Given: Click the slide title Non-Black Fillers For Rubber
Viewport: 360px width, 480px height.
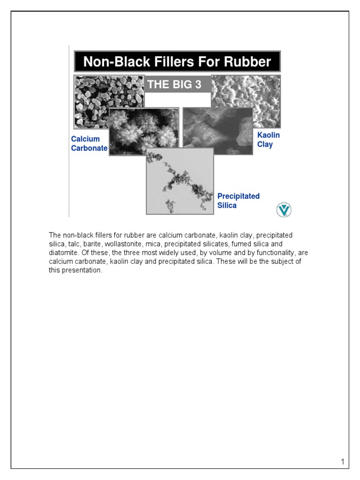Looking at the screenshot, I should pyautogui.click(x=177, y=62).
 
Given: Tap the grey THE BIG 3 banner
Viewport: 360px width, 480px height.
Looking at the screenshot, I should pyautogui.click(x=177, y=84).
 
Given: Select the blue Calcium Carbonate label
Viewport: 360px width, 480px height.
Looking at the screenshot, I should pyautogui.click(x=89, y=143).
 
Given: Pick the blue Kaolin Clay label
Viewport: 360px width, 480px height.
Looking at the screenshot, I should pyautogui.click(x=269, y=140).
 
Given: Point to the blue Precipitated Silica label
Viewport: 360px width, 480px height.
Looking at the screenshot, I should pyautogui.click(x=238, y=201).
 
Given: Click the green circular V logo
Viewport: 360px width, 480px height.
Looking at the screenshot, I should pyautogui.click(x=284, y=210).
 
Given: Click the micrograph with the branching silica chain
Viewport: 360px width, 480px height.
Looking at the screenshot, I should pyautogui.click(x=180, y=181).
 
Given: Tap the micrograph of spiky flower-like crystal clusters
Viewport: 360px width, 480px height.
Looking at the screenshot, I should pyautogui.click(x=144, y=131).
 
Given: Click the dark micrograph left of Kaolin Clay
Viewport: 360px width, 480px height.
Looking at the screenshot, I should pyautogui.click(x=217, y=131).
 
